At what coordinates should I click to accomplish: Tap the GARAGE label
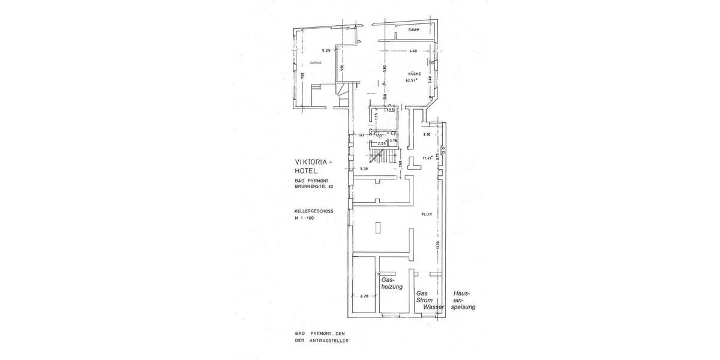316,63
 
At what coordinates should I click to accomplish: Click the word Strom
425,300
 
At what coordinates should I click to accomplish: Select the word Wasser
433,307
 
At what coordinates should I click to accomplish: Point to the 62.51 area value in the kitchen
411,80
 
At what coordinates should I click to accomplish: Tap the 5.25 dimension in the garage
326,50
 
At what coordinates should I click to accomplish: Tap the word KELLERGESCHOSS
314,212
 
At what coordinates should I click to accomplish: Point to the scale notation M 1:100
304,218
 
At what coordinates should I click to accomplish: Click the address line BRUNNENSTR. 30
314,187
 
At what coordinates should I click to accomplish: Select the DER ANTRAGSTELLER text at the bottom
321,340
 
